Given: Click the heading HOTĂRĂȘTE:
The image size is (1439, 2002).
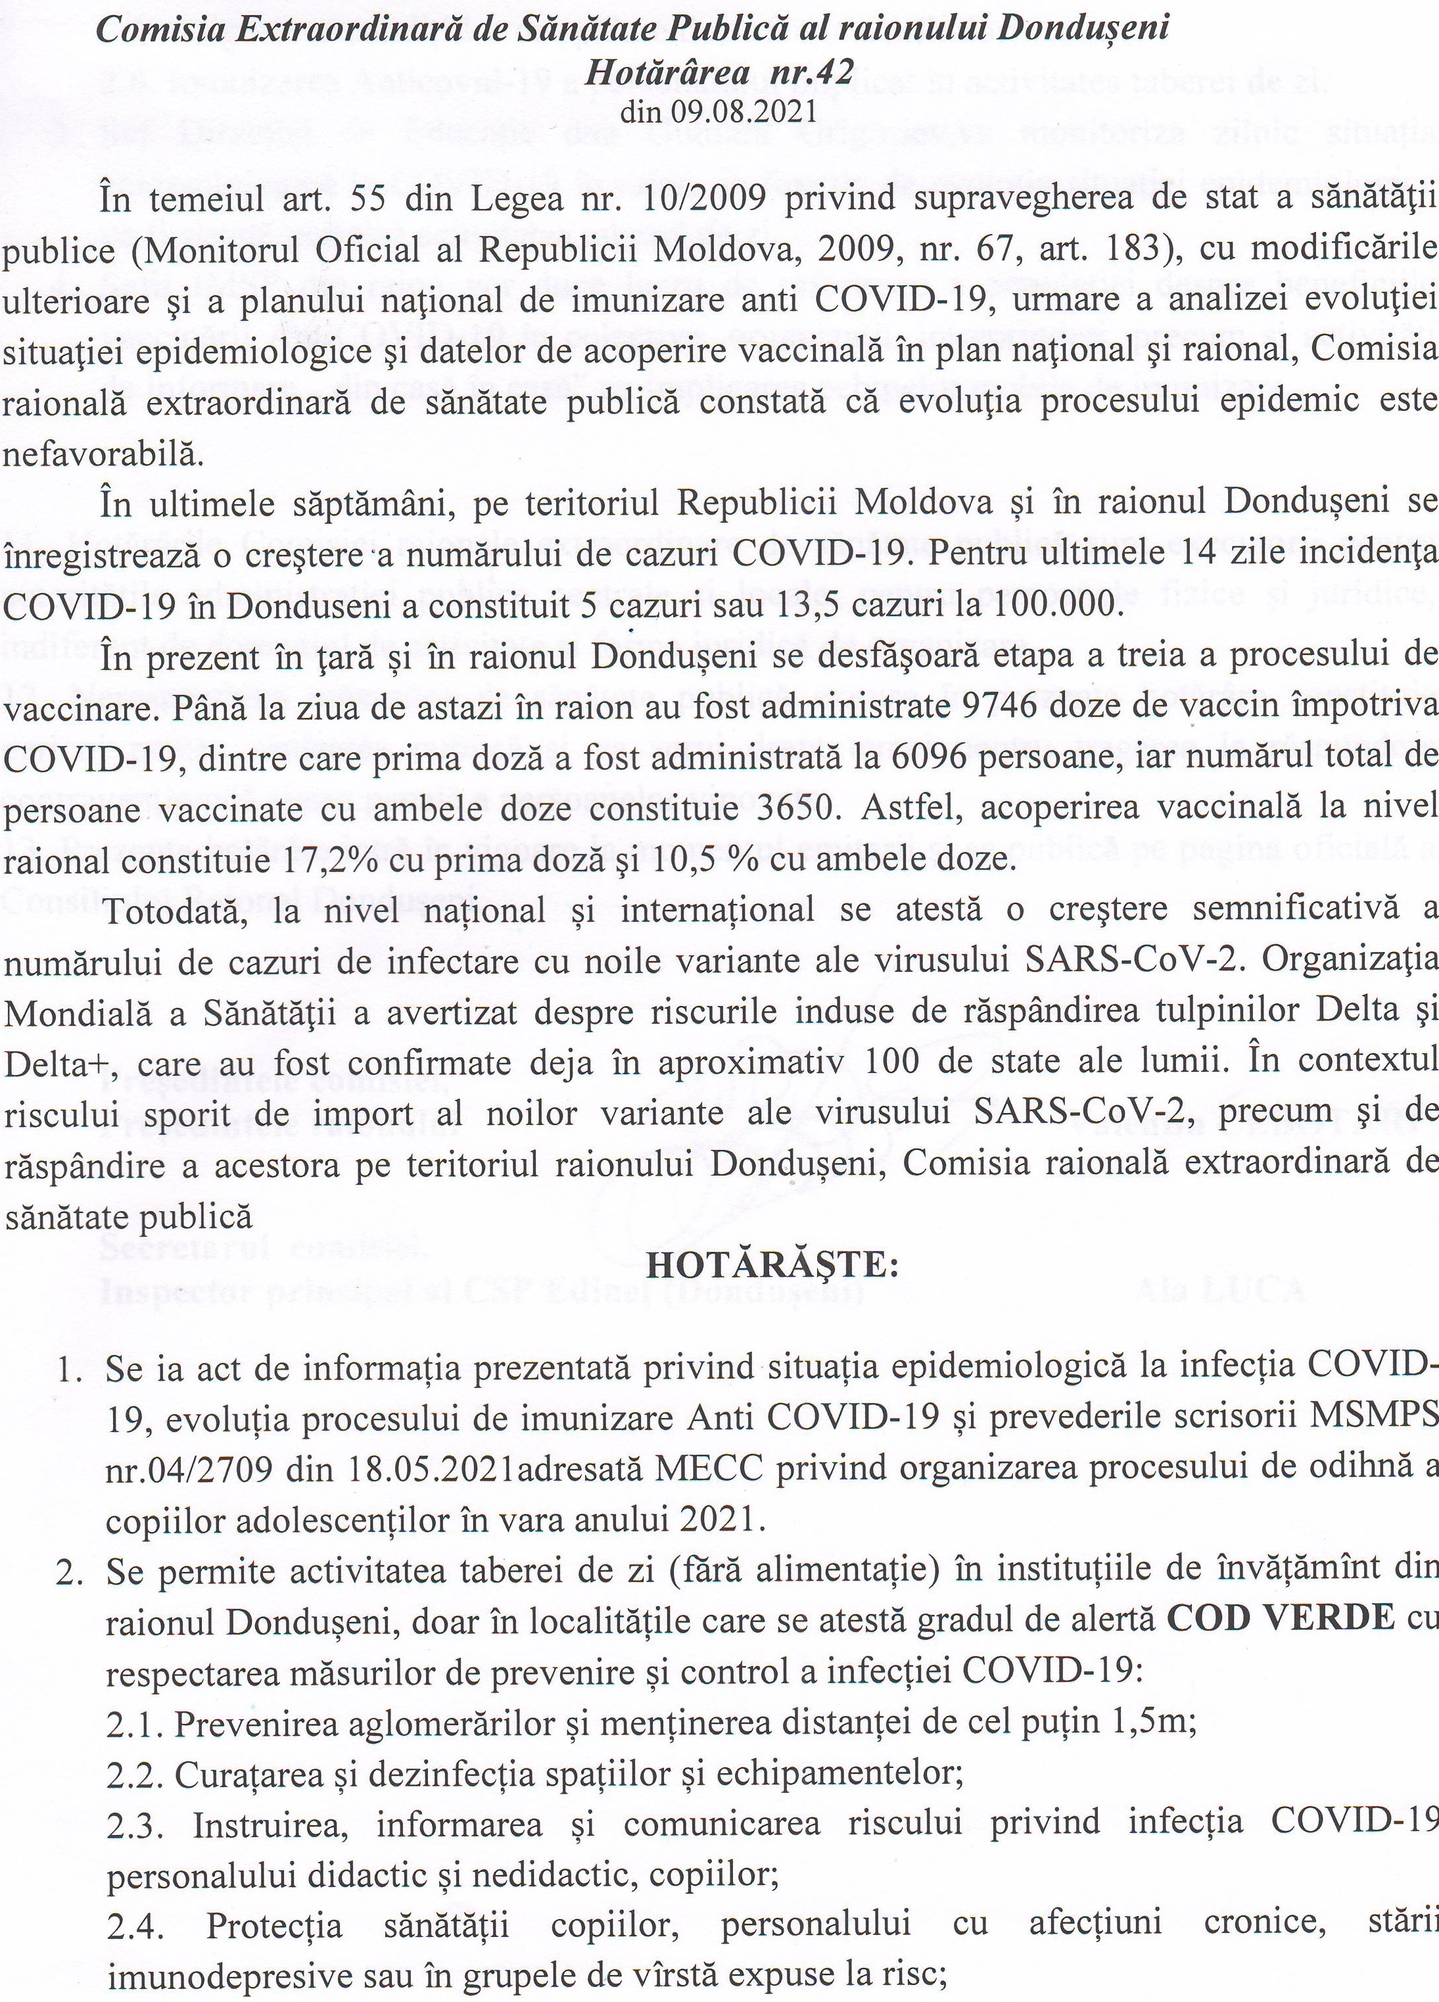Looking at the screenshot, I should (772, 1266).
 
